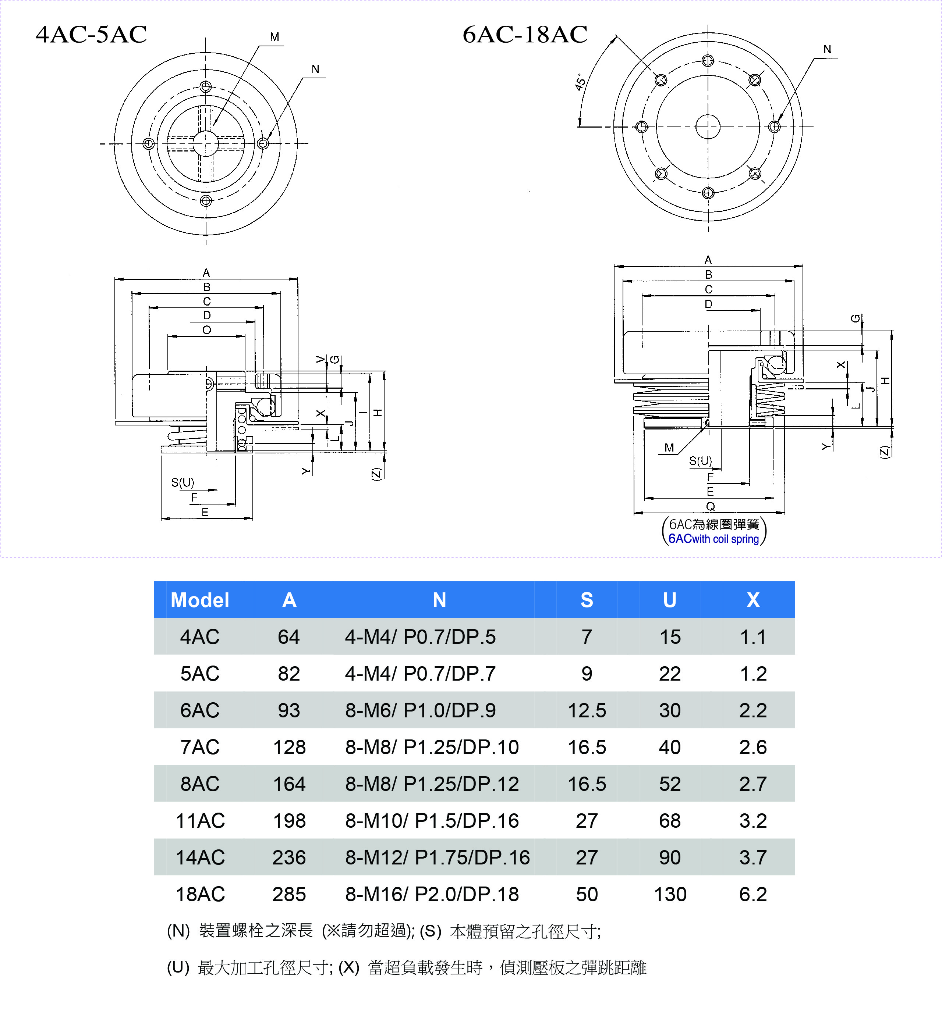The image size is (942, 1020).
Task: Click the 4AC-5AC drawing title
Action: point(91,35)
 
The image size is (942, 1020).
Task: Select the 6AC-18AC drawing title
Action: point(525,35)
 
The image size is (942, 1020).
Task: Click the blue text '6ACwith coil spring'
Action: point(713,539)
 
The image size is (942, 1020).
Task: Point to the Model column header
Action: point(200,600)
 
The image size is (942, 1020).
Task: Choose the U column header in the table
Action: point(670,600)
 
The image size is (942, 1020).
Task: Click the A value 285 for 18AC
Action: point(289,894)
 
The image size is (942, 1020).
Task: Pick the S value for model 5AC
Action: point(587,674)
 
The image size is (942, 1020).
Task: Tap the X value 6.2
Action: point(753,894)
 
